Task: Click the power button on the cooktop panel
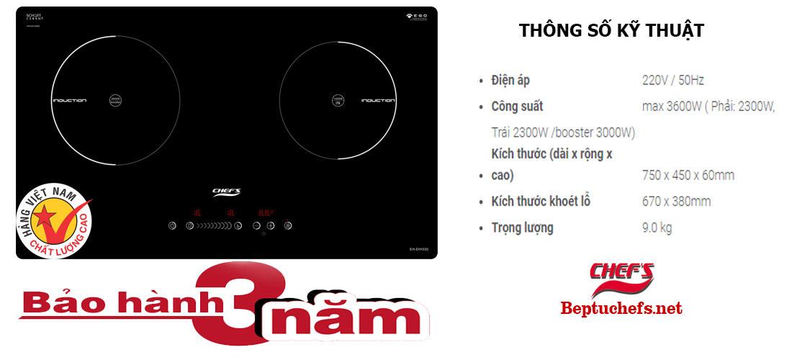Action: point(288,225)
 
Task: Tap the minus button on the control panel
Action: point(256,225)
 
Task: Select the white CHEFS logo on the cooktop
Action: point(226,192)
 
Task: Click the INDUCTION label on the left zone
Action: point(69,100)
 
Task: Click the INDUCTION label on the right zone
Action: point(377,100)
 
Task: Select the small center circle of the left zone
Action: point(115,101)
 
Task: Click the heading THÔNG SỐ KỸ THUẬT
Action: point(611,31)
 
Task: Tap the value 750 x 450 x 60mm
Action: point(688,175)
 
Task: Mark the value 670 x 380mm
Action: point(676,202)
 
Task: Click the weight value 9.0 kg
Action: point(657,228)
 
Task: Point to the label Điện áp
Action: point(510,80)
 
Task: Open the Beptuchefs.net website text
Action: point(621,309)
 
